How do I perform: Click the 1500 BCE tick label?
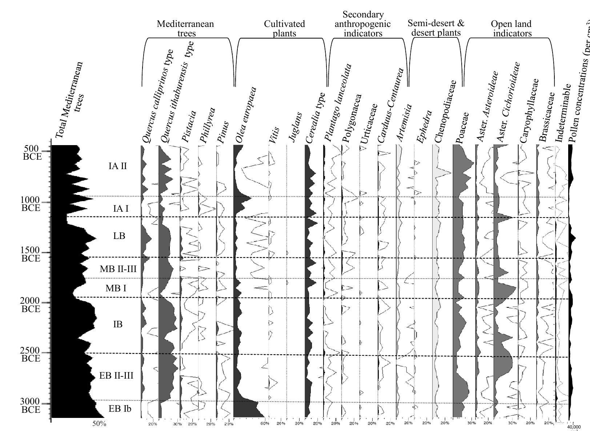coord(31,255)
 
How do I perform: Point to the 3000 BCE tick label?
coord(31,406)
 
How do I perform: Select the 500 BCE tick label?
coord(31,153)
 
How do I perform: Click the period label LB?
coord(119,236)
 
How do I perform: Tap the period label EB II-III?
coord(116,376)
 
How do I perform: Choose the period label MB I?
coord(116,288)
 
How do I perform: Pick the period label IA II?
coord(118,166)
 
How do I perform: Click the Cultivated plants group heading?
coord(284,29)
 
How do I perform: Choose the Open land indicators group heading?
coord(511,29)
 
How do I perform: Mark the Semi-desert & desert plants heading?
coord(436,28)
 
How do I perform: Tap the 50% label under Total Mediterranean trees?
coord(99,424)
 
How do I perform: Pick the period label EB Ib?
coord(120,409)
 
